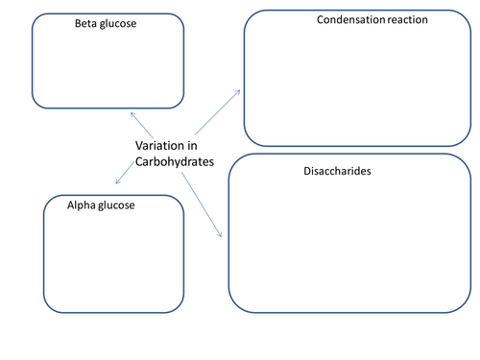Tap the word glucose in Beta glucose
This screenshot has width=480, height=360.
point(118,24)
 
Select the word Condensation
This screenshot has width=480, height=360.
point(350,20)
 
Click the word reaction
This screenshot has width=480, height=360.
point(408,20)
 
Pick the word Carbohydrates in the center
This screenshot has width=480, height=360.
point(175,161)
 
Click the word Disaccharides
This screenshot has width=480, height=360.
point(337,171)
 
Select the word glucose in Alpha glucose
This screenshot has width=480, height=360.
point(116,206)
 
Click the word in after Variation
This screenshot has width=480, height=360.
point(192,146)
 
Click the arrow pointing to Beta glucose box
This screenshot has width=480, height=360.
point(142,125)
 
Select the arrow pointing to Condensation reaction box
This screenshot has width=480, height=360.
point(217,112)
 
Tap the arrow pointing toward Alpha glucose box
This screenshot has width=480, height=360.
point(125,173)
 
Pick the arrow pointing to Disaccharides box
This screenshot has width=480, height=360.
point(202,204)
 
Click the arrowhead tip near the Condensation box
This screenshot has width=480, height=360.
point(240,90)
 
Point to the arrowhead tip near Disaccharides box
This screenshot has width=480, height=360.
point(222,237)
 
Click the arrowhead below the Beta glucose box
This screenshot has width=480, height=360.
point(131,112)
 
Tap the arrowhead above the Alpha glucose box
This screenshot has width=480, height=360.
point(116,183)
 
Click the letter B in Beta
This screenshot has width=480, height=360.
point(78,23)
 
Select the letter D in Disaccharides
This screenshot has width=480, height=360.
point(307,171)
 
